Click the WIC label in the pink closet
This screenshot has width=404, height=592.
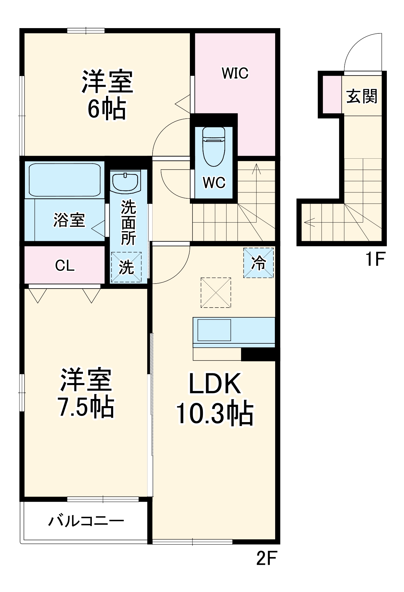click(235, 73)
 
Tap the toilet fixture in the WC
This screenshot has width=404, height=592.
click(214, 147)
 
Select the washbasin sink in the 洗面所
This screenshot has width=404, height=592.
click(125, 181)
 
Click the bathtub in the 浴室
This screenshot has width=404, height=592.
click(65, 180)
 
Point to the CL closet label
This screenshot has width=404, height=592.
click(65, 266)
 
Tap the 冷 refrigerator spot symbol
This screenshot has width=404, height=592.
click(258, 263)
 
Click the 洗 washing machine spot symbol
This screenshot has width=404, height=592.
click(126, 267)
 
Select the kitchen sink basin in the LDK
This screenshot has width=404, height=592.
click(214, 330)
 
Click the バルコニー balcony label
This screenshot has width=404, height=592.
click(86, 521)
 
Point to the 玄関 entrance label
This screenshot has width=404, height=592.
click(362, 96)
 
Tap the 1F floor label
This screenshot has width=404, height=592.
click(375, 259)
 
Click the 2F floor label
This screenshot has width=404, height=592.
click(266, 558)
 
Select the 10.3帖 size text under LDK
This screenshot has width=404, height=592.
click(215, 413)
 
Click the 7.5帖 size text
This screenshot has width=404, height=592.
click(86, 407)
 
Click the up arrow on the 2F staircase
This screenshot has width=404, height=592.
click(256, 169)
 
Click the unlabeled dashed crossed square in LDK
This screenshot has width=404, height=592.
click(216, 292)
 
